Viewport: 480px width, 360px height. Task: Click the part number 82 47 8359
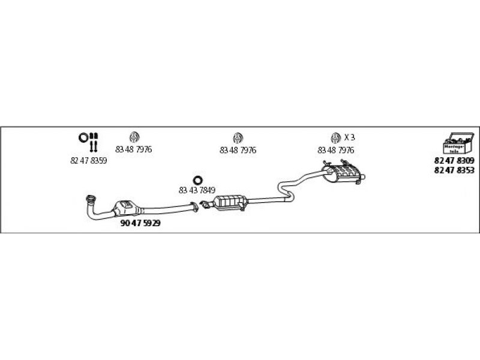pos(89,161)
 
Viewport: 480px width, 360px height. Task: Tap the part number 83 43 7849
pos(197,190)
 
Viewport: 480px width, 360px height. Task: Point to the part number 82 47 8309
pos(454,161)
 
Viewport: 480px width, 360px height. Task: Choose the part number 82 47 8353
pos(454,170)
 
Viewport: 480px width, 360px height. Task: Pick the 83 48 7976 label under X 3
pos(335,150)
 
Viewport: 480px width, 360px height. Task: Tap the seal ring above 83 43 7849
pos(197,179)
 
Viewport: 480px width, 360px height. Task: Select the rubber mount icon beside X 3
pos(335,137)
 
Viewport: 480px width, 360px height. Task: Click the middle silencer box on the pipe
pos(232,203)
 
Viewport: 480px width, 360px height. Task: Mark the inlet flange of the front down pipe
pos(91,199)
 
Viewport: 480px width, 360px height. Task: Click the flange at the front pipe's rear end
pos(194,208)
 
